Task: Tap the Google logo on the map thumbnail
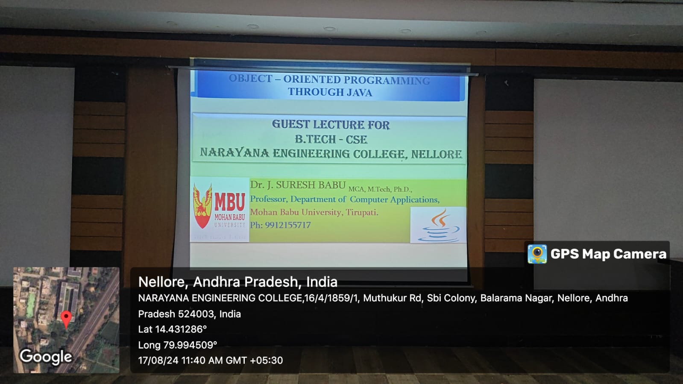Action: [46, 357]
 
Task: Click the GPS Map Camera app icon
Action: [537, 254]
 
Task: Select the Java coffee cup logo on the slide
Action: [439, 226]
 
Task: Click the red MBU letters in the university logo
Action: [230, 202]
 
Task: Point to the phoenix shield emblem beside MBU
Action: [202, 206]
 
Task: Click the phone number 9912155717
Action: [288, 225]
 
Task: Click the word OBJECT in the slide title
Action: [250, 79]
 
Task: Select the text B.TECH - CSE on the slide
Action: [331, 139]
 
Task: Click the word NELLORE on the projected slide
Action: [437, 154]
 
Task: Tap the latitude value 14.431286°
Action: [181, 329]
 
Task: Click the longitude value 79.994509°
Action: [190, 345]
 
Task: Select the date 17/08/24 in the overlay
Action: [158, 361]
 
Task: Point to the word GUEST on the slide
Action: [290, 124]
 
